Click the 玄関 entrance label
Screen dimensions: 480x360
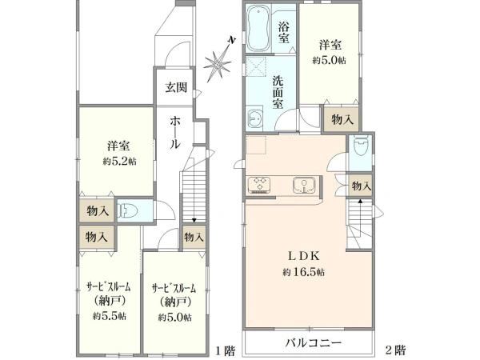176,88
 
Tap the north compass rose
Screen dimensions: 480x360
218,62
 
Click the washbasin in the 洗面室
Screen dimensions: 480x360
254,118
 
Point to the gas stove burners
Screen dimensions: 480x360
259,185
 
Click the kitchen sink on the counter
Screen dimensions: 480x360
304,186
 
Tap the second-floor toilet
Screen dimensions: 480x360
360,148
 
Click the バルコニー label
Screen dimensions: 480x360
313,342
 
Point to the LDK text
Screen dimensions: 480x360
304,256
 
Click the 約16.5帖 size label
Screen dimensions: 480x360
303,272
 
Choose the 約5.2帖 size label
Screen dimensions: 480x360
119,162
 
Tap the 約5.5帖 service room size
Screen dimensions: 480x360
110,316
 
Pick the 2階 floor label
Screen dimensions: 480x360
395,350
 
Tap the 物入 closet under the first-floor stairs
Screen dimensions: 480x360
194,237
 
